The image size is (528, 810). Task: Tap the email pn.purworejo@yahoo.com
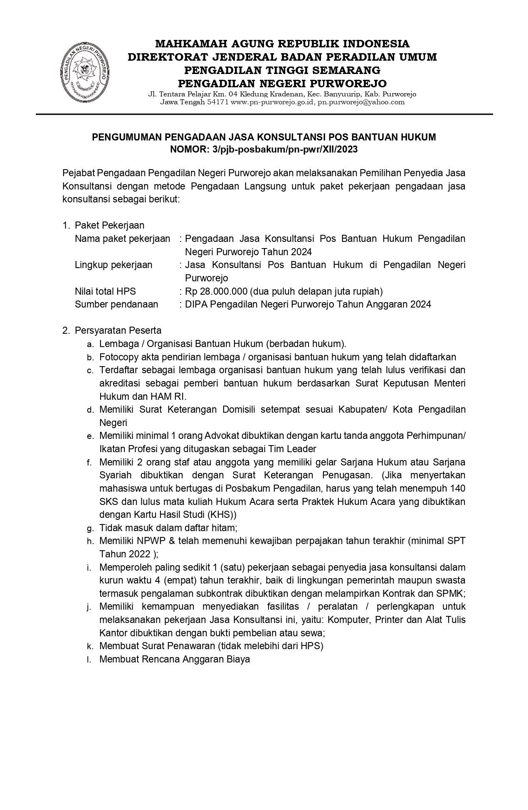point(361,102)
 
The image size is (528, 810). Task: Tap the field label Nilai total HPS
point(105,291)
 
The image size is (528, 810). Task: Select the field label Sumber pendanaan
point(116,304)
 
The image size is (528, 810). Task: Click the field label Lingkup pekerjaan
point(113,265)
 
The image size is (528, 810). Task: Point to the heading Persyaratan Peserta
point(118,330)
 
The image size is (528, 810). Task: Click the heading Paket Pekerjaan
point(110,225)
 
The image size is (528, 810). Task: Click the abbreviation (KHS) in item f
point(225,515)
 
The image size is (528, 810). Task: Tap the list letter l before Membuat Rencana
point(89,659)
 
